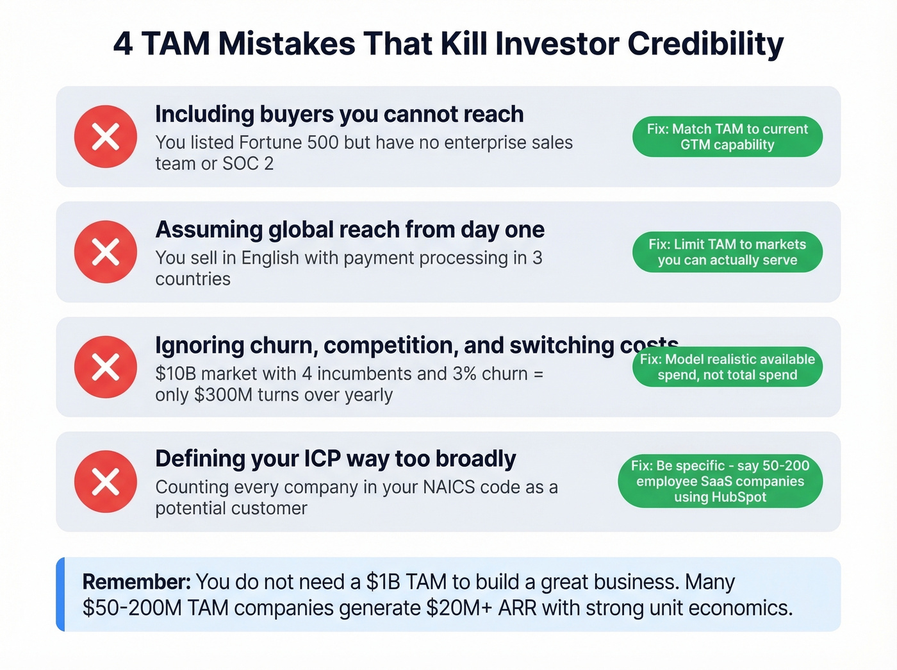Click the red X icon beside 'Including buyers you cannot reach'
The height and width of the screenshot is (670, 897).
(106, 137)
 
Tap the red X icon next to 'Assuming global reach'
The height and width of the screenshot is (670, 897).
(106, 252)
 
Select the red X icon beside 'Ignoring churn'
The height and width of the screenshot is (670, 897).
(106, 367)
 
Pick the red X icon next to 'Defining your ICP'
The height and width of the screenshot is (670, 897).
(106, 482)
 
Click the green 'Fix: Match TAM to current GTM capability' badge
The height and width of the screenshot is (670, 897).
(727, 137)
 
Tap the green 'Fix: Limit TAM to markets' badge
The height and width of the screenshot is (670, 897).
(727, 252)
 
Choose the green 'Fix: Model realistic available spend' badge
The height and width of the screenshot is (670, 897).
(727, 367)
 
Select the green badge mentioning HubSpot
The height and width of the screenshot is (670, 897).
(720, 482)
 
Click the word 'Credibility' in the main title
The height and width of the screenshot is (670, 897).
(705, 44)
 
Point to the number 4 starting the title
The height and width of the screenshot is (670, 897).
(123, 44)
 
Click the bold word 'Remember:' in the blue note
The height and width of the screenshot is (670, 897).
(136, 582)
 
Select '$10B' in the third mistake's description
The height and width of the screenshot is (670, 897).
(176, 374)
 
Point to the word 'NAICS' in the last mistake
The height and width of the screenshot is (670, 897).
(449, 487)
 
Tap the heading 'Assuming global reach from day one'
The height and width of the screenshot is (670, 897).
(350, 230)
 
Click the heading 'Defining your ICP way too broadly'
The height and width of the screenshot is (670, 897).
(335, 459)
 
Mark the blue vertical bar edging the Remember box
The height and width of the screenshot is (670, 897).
(60, 594)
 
